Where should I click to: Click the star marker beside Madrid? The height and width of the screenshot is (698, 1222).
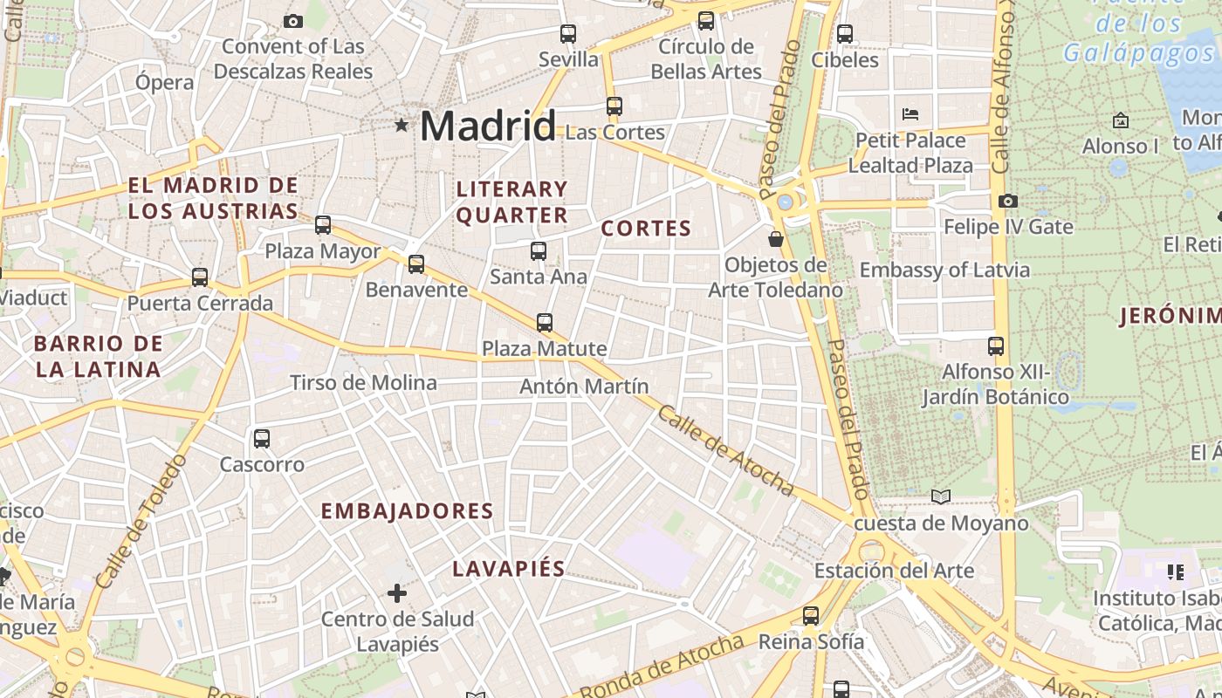pyautogui.click(x=402, y=125)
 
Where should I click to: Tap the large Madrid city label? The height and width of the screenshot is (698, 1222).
pyautogui.click(x=487, y=126)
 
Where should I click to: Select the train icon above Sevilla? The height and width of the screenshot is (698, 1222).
pyautogui.click(x=568, y=34)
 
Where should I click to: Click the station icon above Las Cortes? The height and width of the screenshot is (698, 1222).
pyautogui.click(x=614, y=106)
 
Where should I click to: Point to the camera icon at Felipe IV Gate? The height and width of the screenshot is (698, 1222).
pyautogui.click(x=1007, y=202)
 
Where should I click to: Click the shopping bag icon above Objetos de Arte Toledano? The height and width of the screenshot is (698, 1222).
pyautogui.click(x=775, y=239)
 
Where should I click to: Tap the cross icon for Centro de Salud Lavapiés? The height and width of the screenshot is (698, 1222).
pyautogui.click(x=397, y=594)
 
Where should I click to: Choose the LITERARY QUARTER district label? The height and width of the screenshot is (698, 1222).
pyautogui.click(x=512, y=202)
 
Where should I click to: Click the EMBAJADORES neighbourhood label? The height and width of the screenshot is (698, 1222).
pyautogui.click(x=408, y=511)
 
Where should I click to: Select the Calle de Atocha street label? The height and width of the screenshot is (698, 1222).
pyautogui.click(x=724, y=451)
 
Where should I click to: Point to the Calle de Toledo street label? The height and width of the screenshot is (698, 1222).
pyautogui.click(x=140, y=521)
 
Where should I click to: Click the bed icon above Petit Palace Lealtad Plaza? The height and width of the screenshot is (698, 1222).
pyautogui.click(x=910, y=114)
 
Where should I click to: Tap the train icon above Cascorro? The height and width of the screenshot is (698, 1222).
pyautogui.click(x=261, y=439)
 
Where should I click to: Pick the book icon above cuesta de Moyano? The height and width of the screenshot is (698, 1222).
pyautogui.click(x=940, y=497)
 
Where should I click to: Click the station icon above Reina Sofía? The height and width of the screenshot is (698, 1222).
pyautogui.click(x=811, y=616)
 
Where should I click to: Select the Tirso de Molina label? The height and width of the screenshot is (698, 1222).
pyautogui.click(x=363, y=383)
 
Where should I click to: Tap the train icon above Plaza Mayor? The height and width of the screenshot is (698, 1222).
pyautogui.click(x=323, y=225)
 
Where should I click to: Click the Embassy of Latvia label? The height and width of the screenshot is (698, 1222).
pyautogui.click(x=944, y=270)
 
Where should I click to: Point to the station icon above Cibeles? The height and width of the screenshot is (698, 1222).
pyautogui.click(x=844, y=34)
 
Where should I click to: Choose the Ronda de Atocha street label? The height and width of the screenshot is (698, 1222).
pyautogui.click(x=662, y=667)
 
